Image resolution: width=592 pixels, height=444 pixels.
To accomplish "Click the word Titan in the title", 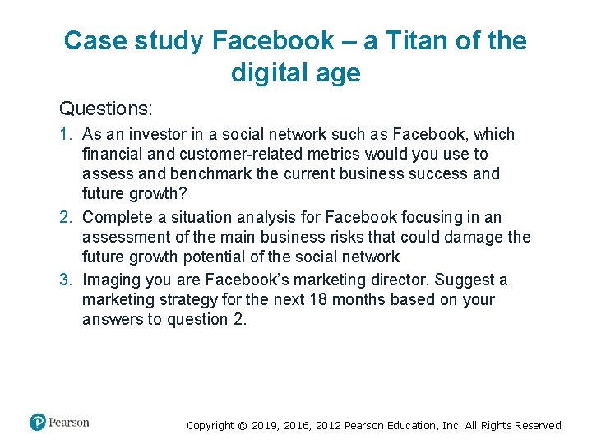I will click(x=393, y=40).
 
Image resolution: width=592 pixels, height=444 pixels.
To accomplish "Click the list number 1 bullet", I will click(x=66, y=134).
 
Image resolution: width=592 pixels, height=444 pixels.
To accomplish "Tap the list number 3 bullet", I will click(x=66, y=280).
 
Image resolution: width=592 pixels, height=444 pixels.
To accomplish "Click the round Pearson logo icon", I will click(x=38, y=423).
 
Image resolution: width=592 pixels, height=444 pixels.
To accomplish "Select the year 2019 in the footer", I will click(x=265, y=426).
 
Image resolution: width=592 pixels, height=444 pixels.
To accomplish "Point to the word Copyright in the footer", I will click(x=210, y=426).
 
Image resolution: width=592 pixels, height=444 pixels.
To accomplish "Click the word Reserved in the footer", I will click(x=538, y=426).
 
